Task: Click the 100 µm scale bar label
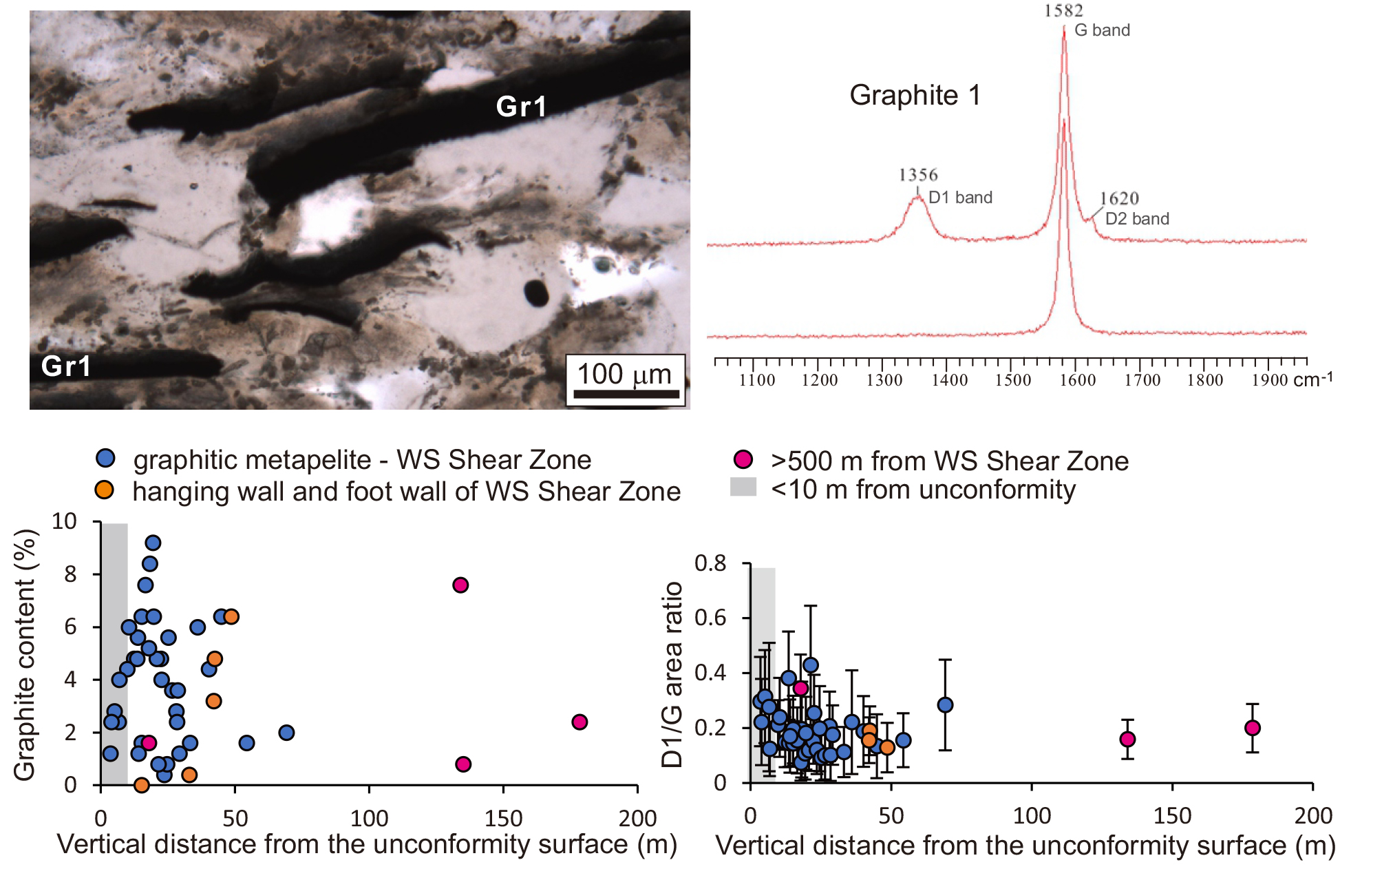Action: pyautogui.click(x=624, y=375)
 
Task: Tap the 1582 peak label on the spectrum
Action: pyautogui.click(x=1063, y=10)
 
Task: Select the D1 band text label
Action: pyautogui.click(x=960, y=198)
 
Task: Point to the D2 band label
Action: pyautogui.click(x=1137, y=219)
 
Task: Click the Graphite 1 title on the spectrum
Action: pyautogui.click(x=915, y=95)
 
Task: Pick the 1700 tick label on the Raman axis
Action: pyautogui.click(x=1142, y=380)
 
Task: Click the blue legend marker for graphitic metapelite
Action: pyautogui.click(x=105, y=458)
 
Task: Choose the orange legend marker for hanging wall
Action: pyautogui.click(x=104, y=490)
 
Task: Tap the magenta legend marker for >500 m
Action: pyautogui.click(x=743, y=459)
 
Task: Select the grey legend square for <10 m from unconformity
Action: pyautogui.click(x=743, y=487)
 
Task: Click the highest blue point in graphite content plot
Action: pyautogui.click(x=153, y=543)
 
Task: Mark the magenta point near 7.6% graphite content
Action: pyautogui.click(x=460, y=585)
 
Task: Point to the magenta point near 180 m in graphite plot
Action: pyautogui.click(x=579, y=722)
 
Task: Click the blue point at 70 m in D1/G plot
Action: pyautogui.click(x=945, y=704)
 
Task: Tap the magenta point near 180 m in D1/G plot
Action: pyautogui.click(x=1253, y=728)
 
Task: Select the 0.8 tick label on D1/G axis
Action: pyautogui.click(x=710, y=563)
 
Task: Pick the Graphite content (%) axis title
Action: pyautogui.click(x=25, y=654)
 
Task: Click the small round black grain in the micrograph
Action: pyautogui.click(x=536, y=293)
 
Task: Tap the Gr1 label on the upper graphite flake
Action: pyautogui.click(x=521, y=107)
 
